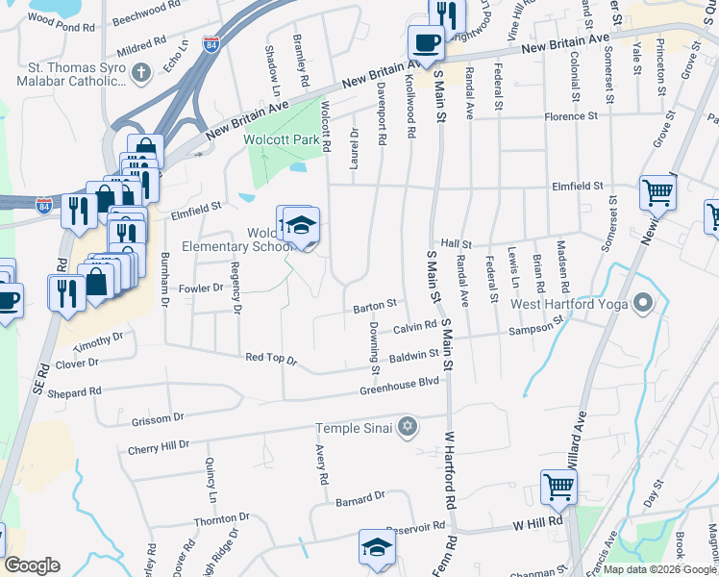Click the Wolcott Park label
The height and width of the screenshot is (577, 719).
coord(280,139)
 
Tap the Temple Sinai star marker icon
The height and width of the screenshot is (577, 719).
coord(408,426)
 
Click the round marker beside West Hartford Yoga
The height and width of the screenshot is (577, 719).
coord(643,305)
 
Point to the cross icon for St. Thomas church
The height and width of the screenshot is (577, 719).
coord(140,71)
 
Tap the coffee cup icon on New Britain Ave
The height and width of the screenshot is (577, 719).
coord(425,41)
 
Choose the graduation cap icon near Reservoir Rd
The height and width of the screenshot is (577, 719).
coord(376,547)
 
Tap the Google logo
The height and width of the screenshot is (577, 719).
coord(33,565)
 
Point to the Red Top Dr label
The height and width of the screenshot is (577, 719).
coord(271,358)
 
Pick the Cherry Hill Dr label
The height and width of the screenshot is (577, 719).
coord(159,447)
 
